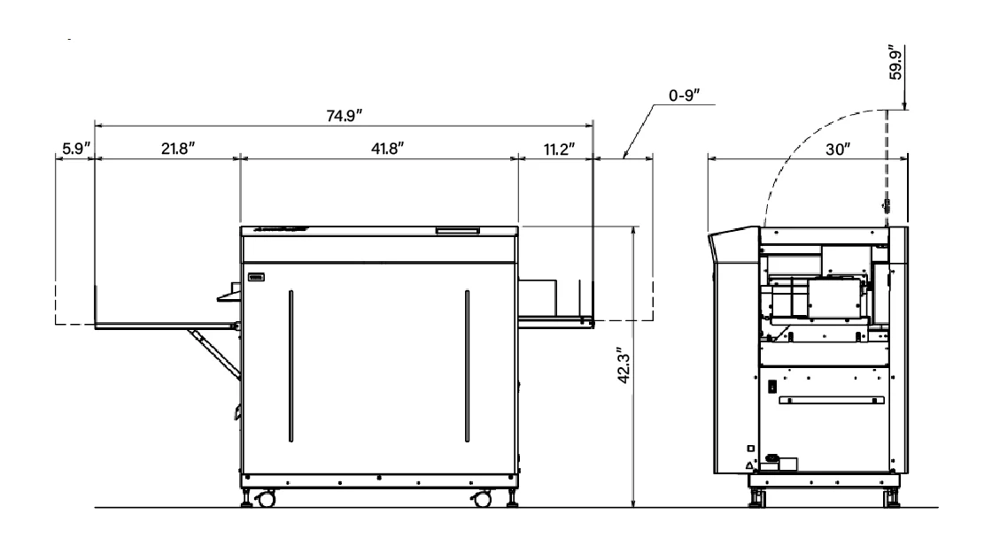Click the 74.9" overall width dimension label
(x=345, y=116)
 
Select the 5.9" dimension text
(x=76, y=149)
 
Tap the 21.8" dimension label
(x=178, y=149)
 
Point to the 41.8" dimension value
(x=387, y=149)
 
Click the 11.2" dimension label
(x=559, y=150)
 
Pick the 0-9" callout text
(x=685, y=96)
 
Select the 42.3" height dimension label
(x=624, y=365)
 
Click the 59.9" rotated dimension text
(x=895, y=62)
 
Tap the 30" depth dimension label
(x=838, y=150)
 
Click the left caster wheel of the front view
(x=267, y=499)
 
